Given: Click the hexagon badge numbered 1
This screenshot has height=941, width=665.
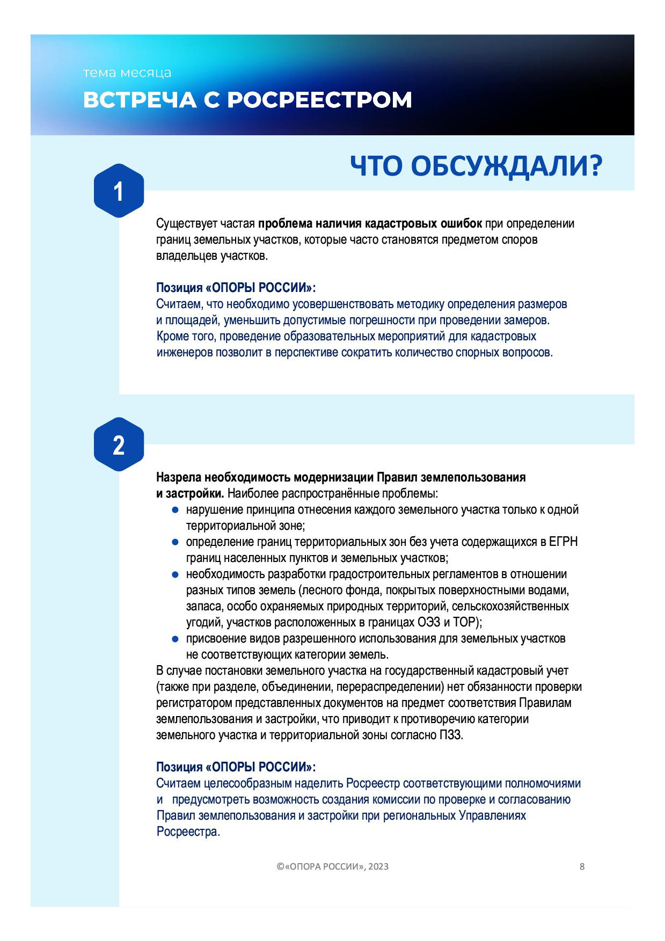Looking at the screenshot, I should (119, 191).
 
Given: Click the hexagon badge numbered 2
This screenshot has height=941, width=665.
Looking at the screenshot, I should (119, 445).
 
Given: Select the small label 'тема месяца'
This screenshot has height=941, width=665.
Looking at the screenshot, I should (127, 73).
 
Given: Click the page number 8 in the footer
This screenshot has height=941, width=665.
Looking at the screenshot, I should (582, 866).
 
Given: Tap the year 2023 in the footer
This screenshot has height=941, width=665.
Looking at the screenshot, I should (378, 867).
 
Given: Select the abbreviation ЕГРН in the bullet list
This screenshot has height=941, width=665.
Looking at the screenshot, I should (563, 542).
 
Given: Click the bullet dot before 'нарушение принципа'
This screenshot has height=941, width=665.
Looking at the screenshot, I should (174, 510).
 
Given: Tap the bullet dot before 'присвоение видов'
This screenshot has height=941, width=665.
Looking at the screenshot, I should (174, 639).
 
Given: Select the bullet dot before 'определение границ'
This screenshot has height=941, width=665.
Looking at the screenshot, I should (174, 542).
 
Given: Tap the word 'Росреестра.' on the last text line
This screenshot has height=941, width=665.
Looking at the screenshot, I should (188, 832).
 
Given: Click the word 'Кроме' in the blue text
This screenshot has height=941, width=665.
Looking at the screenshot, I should (170, 337).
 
